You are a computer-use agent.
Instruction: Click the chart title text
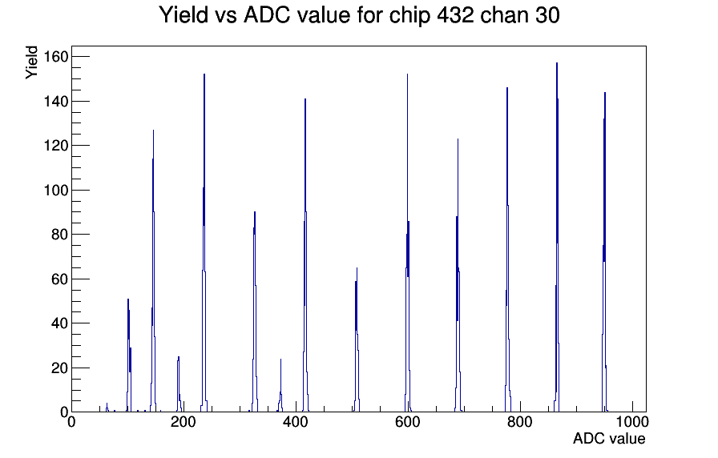pyautogui.click(x=360, y=16)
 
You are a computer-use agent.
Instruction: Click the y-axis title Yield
pyautogui.click(x=31, y=62)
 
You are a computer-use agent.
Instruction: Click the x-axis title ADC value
pyautogui.click(x=609, y=438)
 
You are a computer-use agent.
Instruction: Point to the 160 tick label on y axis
pyautogui.click(x=56, y=57)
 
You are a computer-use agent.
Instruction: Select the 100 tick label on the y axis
pyautogui.click(x=56, y=190)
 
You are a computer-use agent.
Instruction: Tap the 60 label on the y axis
pyautogui.click(x=59, y=279)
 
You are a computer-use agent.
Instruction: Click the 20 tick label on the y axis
pyautogui.click(x=59, y=368)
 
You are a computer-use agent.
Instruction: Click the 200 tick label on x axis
pyautogui.click(x=184, y=421)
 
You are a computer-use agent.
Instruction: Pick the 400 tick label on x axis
pyautogui.click(x=296, y=421)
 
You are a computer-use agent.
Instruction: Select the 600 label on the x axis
pyautogui.click(x=408, y=421)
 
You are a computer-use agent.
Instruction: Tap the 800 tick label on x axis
pyautogui.click(x=520, y=421)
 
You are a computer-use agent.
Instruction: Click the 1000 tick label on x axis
pyautogui.click(x=632, y=421)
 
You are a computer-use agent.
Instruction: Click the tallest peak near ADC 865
pyautogui.click(x=557, y=63)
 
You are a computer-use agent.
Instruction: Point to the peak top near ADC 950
pyautogui.click(x=605, y=93)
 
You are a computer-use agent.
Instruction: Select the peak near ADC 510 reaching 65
pyautogui.click(x=357, y=268)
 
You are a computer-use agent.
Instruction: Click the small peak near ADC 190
pyautogui.click(x=179, y=357)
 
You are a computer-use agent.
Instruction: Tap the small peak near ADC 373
pyautogui.click(x=280, y=360)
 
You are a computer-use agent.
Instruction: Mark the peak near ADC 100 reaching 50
pyautogui.click(x=128, y=299)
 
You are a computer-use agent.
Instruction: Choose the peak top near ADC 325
pyautogui.click(x=255, y=212)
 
